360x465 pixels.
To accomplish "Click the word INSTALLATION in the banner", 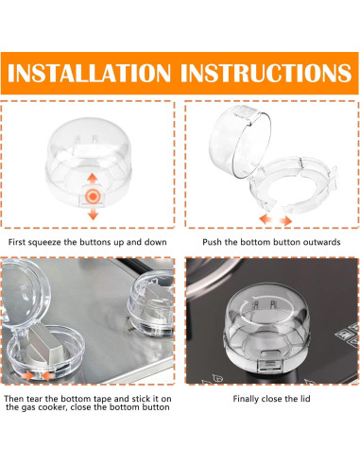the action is pyautogui.click(x=89, y=73).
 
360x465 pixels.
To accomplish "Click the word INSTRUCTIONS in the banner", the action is pyautogui.click(x=266, y=73).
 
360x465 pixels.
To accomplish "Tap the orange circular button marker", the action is pyautogui.click(x=93, y=197).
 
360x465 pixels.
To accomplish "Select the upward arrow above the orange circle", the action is pyautogui.click(x=93, y=180).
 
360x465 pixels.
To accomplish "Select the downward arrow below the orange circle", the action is pyautogui.click(x=93, y=213).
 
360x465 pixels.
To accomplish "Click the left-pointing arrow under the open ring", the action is pyautogui.click(x=266, y=218).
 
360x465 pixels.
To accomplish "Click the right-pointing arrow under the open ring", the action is pyautogui.click(x=285, y=220).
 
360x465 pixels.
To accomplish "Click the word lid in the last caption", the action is pyautogui.click(x=304, y=399).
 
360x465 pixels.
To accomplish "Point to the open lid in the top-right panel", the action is pyautogui.click(x=239, y=141).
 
